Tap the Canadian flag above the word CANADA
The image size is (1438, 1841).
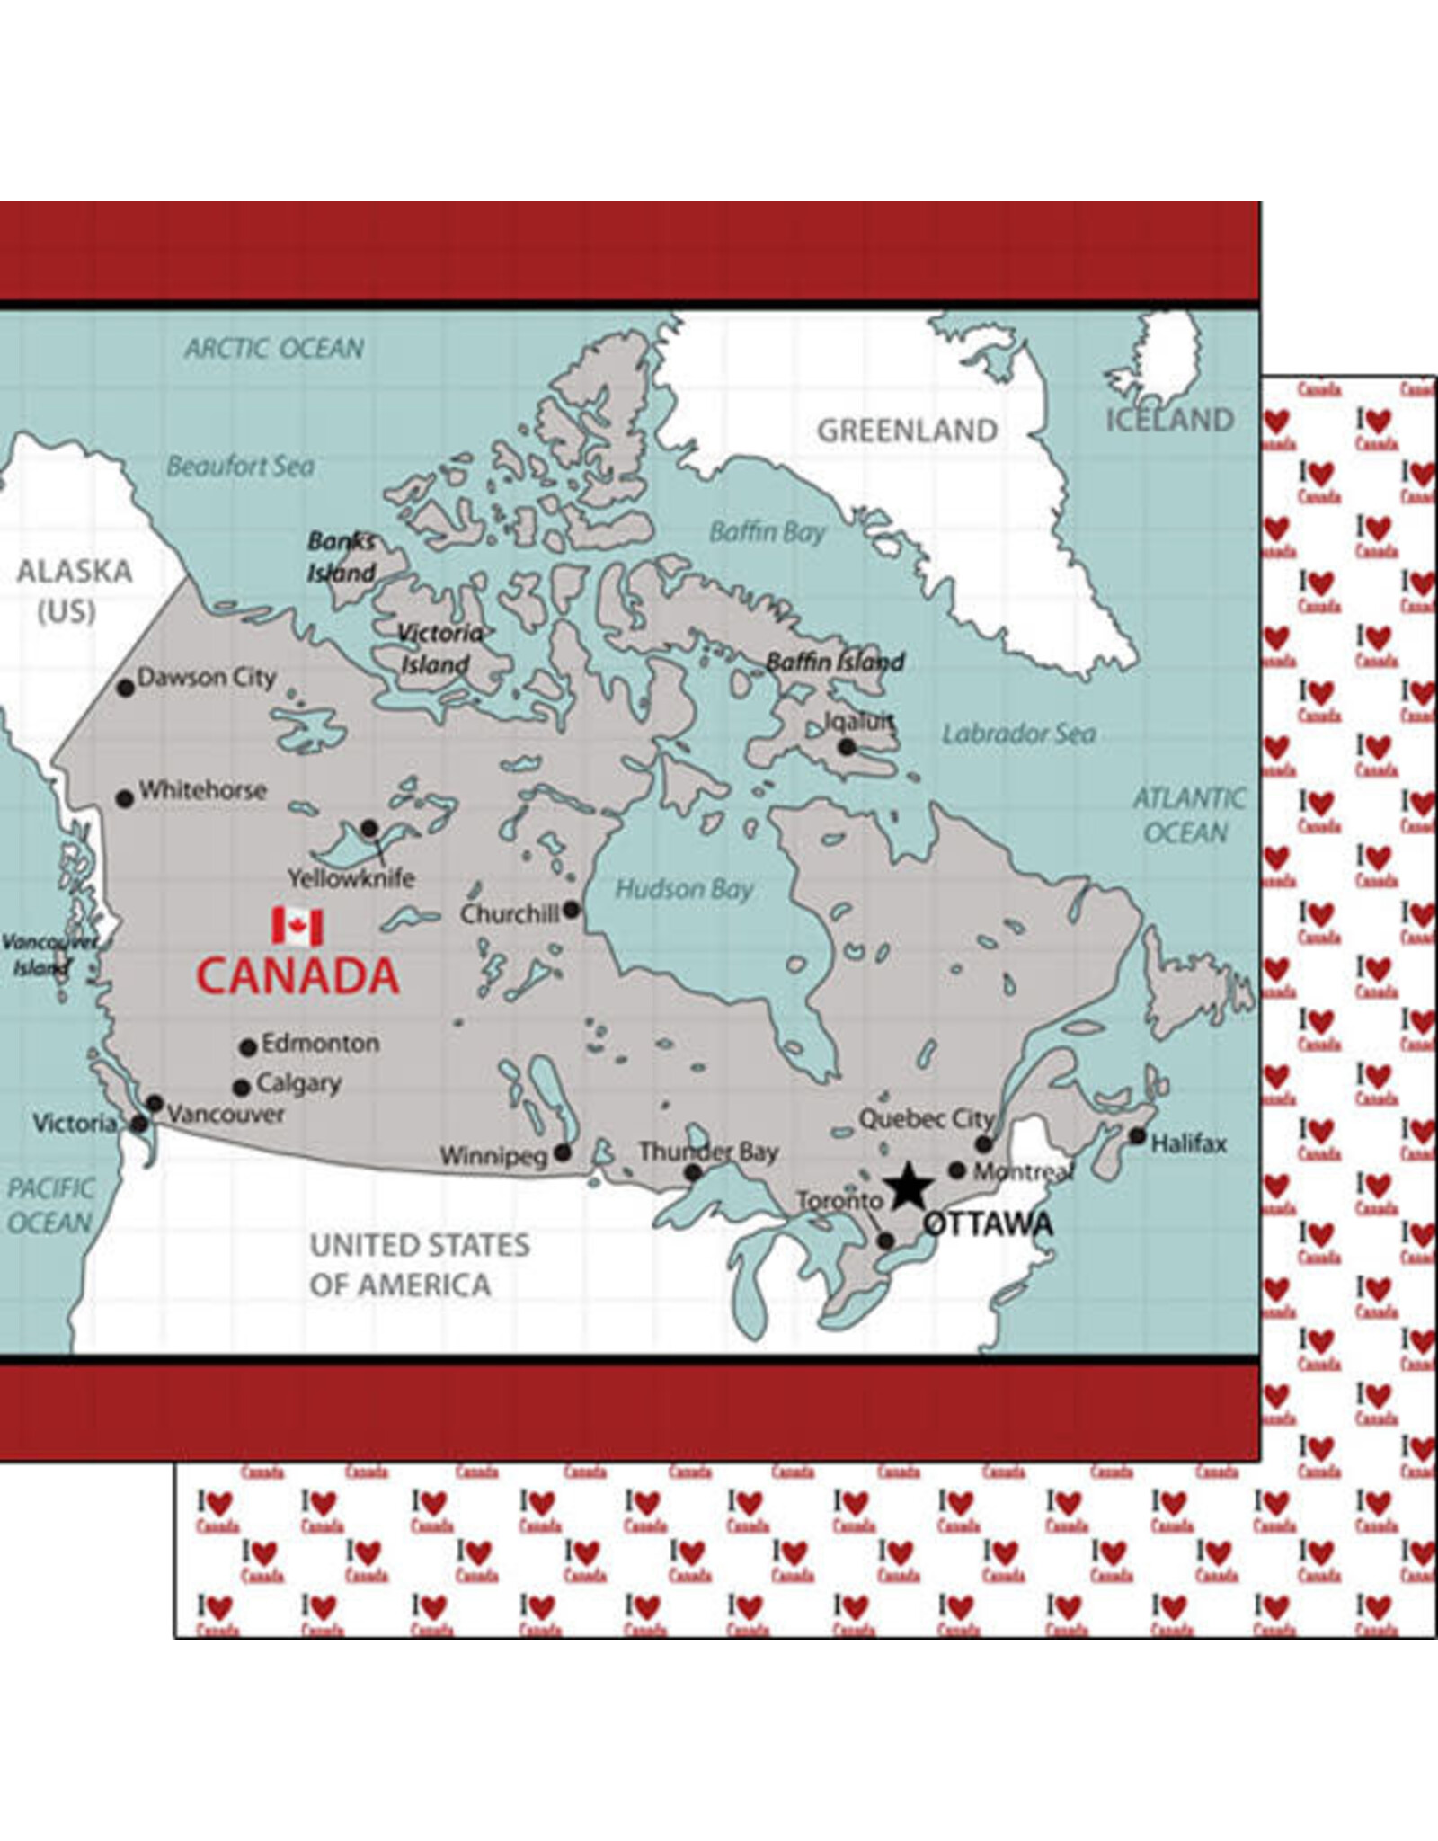click(x=297, y=927)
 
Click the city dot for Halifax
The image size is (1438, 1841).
click(x=1137, y=1135)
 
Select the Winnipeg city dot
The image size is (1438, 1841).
click(x=563, y=1152)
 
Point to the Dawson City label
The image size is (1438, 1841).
click(x=206, y=677)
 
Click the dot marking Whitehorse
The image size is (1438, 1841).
click(x=125, y=798)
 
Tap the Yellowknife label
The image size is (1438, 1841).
click(x=351, y=878)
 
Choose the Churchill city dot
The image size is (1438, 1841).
click(x=571, y=910)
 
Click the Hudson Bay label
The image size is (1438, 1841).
click(x=683, y=890)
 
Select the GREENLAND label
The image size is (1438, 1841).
click(x=907, y=431)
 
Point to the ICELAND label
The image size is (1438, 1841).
click(x=1169, y=420)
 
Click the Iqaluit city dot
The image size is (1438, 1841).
click(x=847, y=747)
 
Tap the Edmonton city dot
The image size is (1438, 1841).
click(x=248, y=1047)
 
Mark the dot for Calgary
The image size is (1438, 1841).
click(x=241, y=1088)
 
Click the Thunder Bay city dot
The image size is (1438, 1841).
click(x=692, y=1172)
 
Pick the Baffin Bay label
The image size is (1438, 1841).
click(x=767, y=532)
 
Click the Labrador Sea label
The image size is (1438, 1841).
click(x=1018, y=734)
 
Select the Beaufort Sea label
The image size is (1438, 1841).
click(x=241, y=466)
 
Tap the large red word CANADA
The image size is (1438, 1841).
click(x=297, y=976)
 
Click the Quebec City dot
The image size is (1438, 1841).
click(x=984, y=1144)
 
